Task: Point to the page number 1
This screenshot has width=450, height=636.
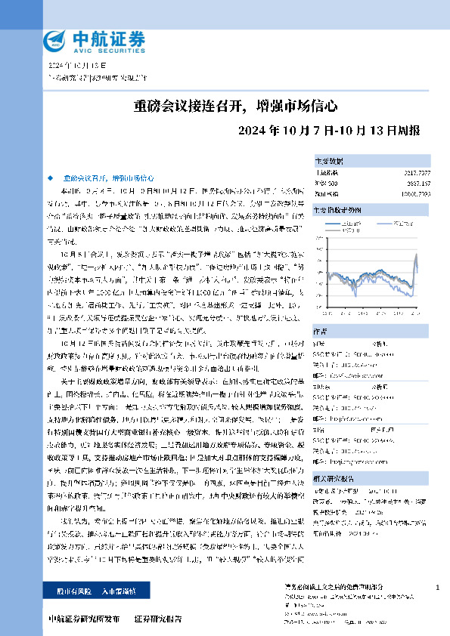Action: click(438, 587)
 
